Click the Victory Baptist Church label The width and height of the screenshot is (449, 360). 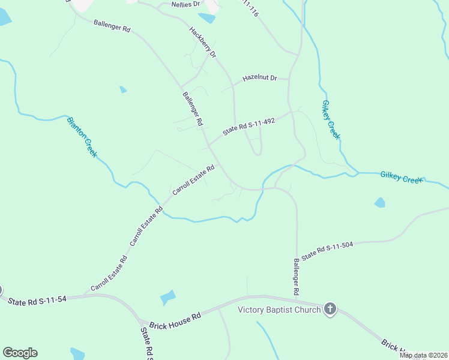(x=279, y=310)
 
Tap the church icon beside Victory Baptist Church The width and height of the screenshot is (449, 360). (x=330, y=310)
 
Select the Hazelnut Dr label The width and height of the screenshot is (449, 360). (x=259, y=78)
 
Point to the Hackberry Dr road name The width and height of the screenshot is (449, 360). (x=202, y=42)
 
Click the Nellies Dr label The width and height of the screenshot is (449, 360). (x=185, y=4)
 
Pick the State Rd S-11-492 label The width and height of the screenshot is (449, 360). (x=249, y=126)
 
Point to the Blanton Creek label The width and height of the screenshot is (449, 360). (x=82, y=137)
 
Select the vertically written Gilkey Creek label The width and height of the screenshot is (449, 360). (x=330, y=119)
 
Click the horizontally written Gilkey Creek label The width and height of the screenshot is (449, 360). (x=402, y=178)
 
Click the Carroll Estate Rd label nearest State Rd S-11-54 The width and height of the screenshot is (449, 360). (x=109, y=274)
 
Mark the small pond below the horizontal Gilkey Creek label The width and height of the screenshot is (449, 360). (x=379, y=203)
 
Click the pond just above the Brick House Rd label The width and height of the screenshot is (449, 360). (x=167, y=298)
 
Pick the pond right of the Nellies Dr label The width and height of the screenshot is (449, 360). (x=206, y=17)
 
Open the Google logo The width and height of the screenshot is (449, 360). (x=20, y=353)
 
